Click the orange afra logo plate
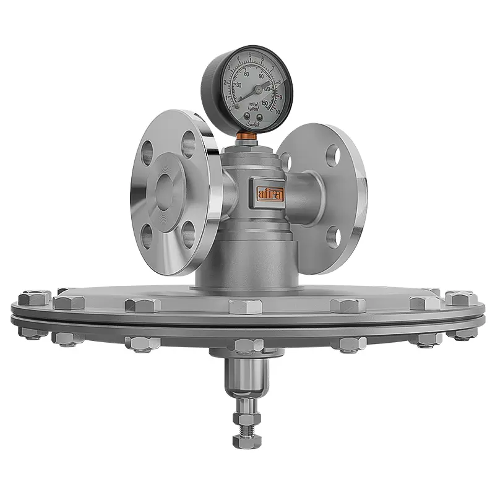(x=270, y=193)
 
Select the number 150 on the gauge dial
(x=264, y=103)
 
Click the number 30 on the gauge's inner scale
(x=238, y=85)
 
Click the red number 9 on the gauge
(x=279, y=97)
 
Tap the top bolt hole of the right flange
(x=333, y=156)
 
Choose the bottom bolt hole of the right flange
(x=333, y=236)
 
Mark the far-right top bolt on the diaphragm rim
(x=461, y=298)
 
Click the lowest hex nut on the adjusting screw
(x=243, y=441)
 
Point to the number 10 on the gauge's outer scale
(x=278, y=111)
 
